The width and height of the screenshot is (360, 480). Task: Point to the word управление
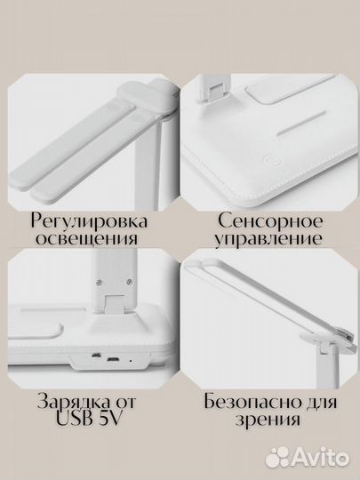(x=268, y=240)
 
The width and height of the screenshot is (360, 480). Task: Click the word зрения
(x=269, y=420)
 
